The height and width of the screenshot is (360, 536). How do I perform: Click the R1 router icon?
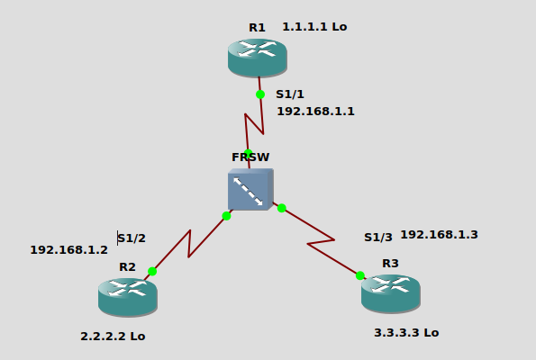[258, 58]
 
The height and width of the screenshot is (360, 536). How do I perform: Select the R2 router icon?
[128, 297]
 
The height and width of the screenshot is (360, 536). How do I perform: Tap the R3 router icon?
[391, 293]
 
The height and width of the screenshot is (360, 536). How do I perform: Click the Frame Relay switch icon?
[250, 189]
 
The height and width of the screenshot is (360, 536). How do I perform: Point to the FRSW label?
[250, 157]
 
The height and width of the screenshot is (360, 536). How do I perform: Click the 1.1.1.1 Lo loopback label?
[314, 27]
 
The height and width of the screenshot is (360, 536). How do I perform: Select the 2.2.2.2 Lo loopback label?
[113, 337]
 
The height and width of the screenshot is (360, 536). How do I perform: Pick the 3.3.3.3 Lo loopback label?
[406, 333]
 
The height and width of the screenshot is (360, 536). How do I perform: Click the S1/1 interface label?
[290, 94]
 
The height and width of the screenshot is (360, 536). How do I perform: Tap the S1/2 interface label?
[132, 238]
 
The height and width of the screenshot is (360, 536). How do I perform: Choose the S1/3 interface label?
[378, 238]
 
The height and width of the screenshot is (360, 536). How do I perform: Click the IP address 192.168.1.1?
[315, 112]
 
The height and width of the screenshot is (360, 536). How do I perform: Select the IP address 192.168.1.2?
[69, 250]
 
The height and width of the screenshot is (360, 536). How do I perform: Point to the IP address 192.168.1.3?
[439, 235]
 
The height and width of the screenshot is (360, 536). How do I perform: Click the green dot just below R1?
[260, 94]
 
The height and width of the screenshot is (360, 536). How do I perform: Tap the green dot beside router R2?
[152, 272]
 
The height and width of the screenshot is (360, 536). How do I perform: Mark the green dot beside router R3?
[360, 275]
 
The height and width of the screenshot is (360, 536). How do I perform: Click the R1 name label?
[257, 28]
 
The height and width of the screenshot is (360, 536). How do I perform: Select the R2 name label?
[128, 267]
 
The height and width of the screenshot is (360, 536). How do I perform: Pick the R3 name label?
[390, 264]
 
